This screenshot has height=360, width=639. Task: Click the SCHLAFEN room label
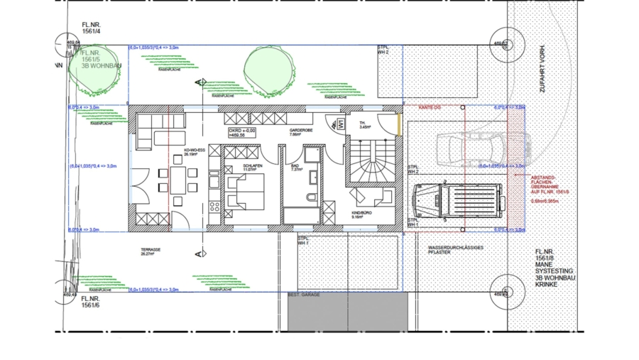[x=234, y=167]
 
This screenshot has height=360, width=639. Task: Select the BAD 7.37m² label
[x=296, y=167]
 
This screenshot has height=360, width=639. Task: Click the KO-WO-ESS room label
[x=195, y=152]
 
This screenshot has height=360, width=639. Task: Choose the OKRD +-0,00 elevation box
[x=242, y=133]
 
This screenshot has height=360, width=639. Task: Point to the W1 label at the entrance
[x=341, y=124]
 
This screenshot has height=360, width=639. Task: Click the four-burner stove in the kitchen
[x=214, y=207]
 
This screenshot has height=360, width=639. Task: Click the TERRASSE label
[x=151, y=251]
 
